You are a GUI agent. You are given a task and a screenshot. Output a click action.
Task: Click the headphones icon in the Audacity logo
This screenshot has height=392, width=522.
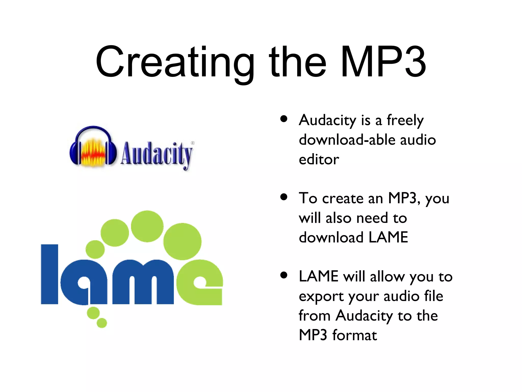pos(93,147)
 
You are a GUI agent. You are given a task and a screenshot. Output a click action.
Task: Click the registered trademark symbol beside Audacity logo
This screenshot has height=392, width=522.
pos(193,143)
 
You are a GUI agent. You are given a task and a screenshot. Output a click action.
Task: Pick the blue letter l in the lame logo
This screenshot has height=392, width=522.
pos(49,274)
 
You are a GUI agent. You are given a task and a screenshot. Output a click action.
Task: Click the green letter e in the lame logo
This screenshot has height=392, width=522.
pos(200,282)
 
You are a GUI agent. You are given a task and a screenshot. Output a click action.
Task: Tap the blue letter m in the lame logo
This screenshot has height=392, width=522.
pos(143,282)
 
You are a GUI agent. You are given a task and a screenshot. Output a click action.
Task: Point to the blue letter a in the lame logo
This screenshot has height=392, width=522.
pos(84,282)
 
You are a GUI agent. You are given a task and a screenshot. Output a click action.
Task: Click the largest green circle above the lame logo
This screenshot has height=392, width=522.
pos(182,241)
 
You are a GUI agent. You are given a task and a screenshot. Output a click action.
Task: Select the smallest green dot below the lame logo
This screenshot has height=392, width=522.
pos(102,323)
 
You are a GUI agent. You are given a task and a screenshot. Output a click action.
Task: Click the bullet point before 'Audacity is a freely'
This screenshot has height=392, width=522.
pos(284,119)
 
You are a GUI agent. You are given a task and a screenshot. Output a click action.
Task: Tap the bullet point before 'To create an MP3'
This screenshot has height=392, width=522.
pos(284,197)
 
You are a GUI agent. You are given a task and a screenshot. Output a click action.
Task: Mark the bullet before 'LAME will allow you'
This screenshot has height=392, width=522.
pos(284,275)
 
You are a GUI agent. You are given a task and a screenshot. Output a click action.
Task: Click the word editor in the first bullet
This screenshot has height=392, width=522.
pos(319,160)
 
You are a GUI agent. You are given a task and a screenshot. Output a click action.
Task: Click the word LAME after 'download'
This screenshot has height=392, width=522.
pos(388,237)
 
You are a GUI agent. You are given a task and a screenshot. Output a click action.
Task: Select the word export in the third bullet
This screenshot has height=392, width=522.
pos(322,297)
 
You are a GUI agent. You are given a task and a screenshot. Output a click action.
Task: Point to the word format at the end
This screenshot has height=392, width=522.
pos(355,335)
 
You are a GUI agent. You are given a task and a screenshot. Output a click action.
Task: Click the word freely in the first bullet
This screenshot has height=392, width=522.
pos(405,120)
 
